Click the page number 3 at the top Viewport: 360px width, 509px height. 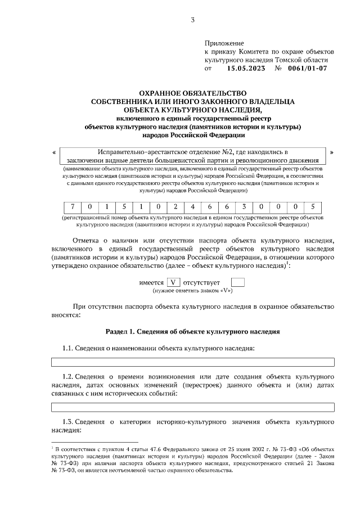pyautogui.click(x=192, y=21)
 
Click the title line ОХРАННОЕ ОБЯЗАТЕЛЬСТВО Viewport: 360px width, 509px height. pyautogui.click(x=193, y=93)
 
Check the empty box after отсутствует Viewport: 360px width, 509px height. pyautogui.click(x=238, y=282)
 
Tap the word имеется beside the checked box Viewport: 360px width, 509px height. pyautogui.click(x=151, y=282)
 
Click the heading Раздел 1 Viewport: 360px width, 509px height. pyautogui.click(x=192, y=332)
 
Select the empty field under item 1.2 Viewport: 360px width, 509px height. pyautogui.click(x=192, y=407)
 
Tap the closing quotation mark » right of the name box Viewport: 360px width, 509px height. pyautogui.click(x=331, y=153)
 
